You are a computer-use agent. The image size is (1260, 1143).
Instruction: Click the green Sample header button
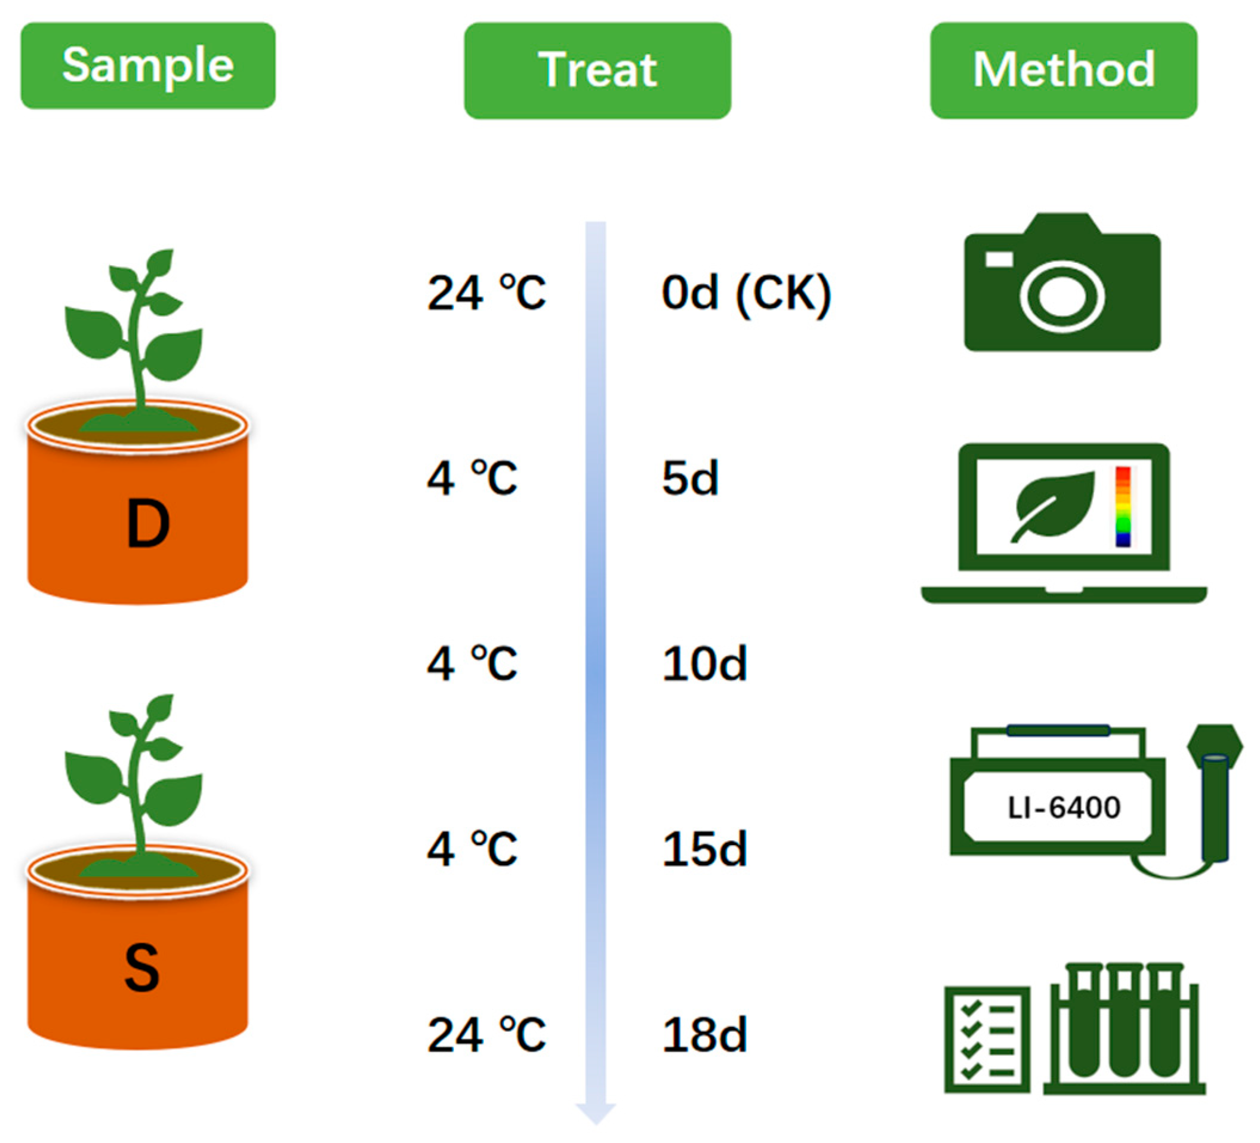148,66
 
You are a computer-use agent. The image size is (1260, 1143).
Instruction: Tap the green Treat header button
597,70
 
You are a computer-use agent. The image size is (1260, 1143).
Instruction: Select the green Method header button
1064,70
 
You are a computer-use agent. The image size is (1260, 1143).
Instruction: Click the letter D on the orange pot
148,524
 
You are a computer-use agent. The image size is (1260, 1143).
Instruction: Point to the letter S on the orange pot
142,969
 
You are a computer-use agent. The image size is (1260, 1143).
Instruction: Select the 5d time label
691,479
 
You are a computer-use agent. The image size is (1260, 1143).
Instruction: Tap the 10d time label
705,663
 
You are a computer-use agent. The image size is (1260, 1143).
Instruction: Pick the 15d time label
705,850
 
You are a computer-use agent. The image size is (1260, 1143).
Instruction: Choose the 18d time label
705,1036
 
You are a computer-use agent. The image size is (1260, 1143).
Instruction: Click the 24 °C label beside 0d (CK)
487,293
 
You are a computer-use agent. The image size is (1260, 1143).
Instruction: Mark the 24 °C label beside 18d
487,1036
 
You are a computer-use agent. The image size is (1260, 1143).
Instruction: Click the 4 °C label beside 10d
473,663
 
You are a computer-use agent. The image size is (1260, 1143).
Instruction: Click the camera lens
1062,296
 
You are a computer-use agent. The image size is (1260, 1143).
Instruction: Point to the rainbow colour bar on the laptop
1123,507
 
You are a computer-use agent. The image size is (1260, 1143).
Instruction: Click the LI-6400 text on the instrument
1064,808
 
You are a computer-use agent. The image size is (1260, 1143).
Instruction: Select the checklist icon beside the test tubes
987,1040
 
